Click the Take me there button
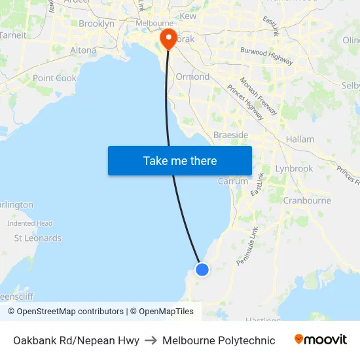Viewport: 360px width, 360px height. tap(180, 160)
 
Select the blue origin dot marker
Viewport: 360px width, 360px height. tap(202, 269)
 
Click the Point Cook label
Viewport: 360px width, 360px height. tap(55, 78)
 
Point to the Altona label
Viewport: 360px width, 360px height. tap(83, 50)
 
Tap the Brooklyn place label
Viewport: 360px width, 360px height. tap(96, 24)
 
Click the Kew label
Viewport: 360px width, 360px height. tap(188, 16)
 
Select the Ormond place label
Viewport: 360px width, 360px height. tap(192, 77)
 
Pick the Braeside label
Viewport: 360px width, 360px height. tap(230, 135)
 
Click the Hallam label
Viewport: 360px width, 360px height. tap(300, 139)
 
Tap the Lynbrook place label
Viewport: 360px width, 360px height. tap(294, 168)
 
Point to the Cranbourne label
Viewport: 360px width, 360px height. tap(307, 200)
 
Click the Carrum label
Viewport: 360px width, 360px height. tap(232, 181)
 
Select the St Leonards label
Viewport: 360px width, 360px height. tap(38, 238)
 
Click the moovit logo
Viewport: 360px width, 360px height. tap(321, 340)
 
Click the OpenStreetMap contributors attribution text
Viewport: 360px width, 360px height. tap(70, 312)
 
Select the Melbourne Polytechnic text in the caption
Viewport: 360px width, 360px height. tap(219, 340)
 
